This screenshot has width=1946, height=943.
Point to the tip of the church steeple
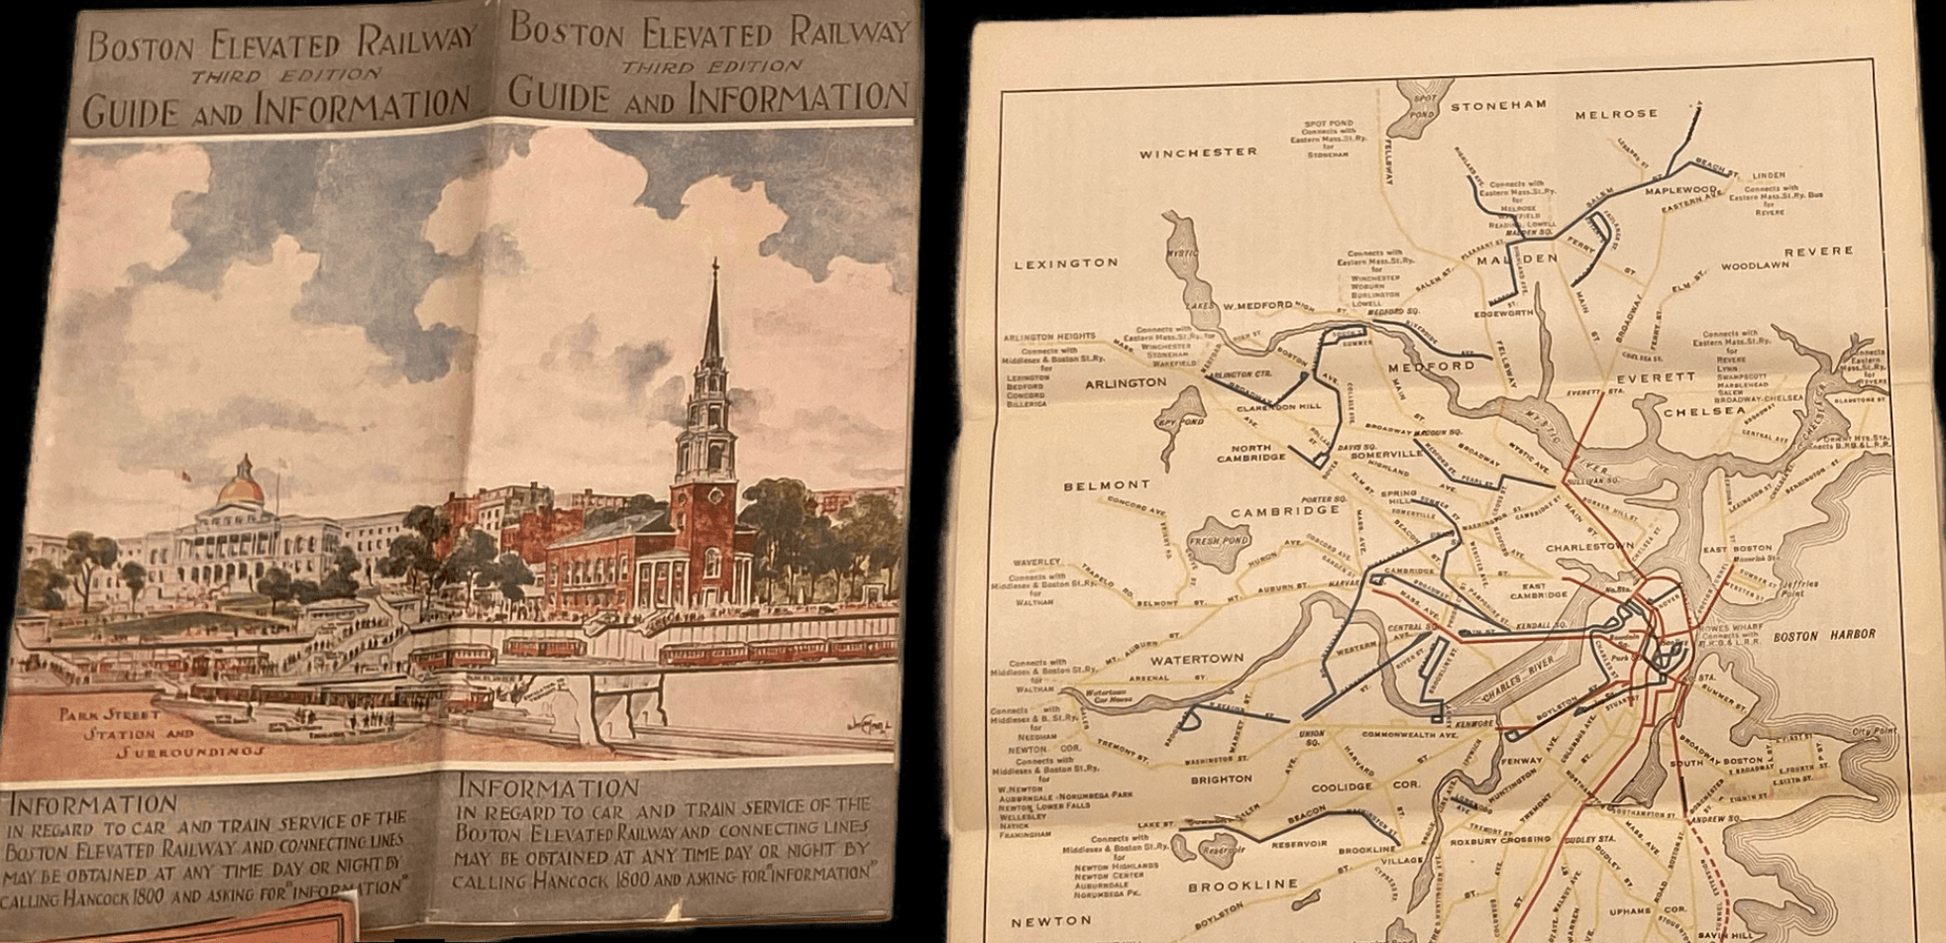pos(713,263)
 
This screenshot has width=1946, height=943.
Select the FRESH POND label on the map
pos(1218,542)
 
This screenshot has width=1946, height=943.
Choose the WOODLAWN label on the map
pos(1755,265)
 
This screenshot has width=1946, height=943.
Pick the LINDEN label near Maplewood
pos(1768,175)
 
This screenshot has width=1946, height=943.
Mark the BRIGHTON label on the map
pos(1222,779)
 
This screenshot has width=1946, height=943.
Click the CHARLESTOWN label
pos(1589,546)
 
